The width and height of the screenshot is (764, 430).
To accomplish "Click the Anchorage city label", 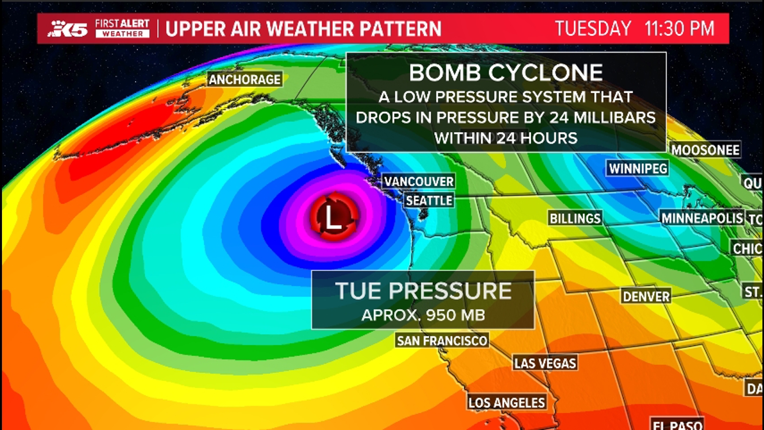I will pyautogui.click(x=245, y=79).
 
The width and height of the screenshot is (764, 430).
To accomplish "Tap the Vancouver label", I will pyautogui.click(x=419, y=182).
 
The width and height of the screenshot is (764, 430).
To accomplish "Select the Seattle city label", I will pyautogui.click(x=429, y=200).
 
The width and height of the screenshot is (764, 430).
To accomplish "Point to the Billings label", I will pyautogui.click(x=575, y=218).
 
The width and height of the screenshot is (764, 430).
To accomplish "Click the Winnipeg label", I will pyautogui.click(x=638, y=168).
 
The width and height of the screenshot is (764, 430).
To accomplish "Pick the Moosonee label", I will pyautogui.click(x=706, y=150).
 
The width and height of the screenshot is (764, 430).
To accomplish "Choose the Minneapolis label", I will pyautogui.click(x=702, y=218).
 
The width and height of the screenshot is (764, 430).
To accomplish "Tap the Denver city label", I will pyautogui.click(x=646, y=296).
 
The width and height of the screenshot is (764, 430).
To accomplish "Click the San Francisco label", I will pyautogui.click(x=442, y=341).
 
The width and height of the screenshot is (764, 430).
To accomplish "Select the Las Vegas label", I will pyautogui.click(x=545, y=363).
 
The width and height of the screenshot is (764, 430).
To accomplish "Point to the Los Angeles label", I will pyautogui.click(x=507, y=403).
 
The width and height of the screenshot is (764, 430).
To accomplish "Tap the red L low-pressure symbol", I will pyautogui.click(x=333, y=217).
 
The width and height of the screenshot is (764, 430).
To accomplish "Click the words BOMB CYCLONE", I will pyautogui.click(x=506, y=73).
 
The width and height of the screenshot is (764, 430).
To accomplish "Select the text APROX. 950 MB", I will pyautogui.click(x=423, y=315).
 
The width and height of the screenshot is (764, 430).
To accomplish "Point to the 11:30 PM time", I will pyautogui.click(x=679, y=29).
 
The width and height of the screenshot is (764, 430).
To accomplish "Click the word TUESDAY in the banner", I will pyautogui.click(x=593, y=29).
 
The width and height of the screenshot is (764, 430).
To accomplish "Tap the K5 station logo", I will pyautogui.click(x=68, y=29).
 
